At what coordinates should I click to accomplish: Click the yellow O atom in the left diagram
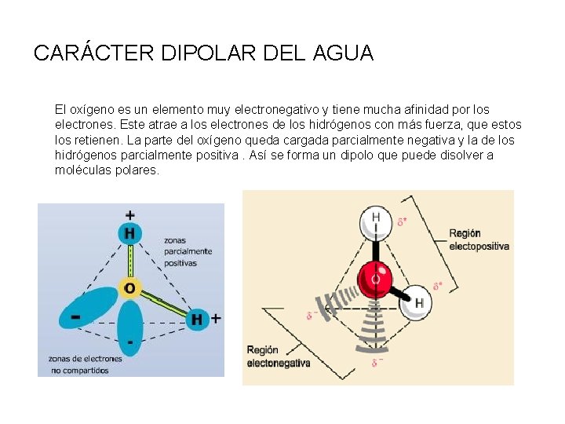129,288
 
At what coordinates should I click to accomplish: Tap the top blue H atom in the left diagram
129,233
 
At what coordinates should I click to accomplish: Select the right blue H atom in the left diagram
196,319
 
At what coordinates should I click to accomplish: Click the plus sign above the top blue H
129,214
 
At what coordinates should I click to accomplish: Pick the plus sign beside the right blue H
216,318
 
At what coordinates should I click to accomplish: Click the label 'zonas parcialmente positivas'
188,251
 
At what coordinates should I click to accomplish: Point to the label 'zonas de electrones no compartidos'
86,364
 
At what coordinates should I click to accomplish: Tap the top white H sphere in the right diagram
376,220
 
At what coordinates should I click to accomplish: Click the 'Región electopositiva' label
479,239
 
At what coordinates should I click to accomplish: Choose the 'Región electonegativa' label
279,356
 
